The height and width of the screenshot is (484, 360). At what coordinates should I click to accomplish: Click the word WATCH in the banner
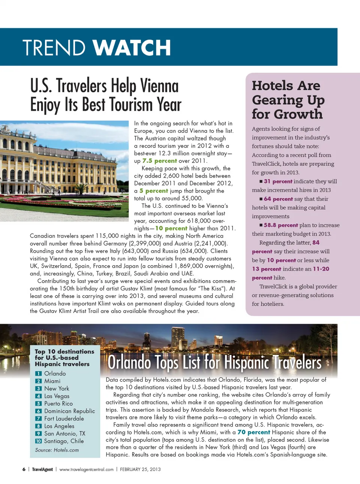[132, 48]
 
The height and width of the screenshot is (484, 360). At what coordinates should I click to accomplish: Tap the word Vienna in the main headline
[159, 86]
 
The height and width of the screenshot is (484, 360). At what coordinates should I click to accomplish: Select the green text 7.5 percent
[159, 161]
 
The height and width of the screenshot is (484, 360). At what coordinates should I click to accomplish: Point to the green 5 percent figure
[154, 191]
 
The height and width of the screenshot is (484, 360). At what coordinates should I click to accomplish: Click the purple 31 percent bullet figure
[278, 181]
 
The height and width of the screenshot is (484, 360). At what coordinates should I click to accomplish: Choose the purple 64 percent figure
[278, 199]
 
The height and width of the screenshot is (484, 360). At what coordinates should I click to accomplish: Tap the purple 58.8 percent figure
[280, 225]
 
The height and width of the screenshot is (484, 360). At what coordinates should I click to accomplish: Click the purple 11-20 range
[321, 269]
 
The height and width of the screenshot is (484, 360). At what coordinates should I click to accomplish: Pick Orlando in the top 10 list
[55, 373]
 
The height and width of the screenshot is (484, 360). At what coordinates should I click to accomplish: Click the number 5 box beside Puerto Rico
[38, 404]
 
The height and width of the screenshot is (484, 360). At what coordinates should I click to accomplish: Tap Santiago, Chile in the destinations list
[64, 441]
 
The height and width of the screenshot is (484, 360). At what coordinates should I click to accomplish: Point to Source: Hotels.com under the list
[57, 450]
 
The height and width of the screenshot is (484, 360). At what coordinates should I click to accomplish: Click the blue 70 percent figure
[253, 432]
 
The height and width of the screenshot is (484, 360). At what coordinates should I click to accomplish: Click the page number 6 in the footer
[24, 469]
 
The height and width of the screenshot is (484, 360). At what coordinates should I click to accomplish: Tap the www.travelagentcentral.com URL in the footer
[86, 469]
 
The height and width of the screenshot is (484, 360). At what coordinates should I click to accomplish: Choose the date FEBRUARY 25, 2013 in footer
[140, 469]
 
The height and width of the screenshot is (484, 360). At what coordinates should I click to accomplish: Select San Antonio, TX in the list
[64, 433]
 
